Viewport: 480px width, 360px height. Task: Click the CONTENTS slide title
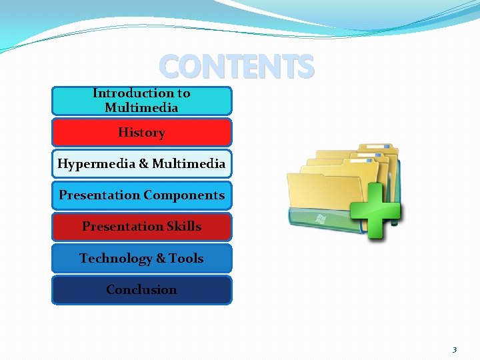[x=236, y=67]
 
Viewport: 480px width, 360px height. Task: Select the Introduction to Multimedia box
[x=141, y=101]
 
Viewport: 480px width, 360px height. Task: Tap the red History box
[x=141, y=133]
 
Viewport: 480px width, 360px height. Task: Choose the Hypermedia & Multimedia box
[x=141, y=164]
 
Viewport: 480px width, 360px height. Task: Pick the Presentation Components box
[x=141, y=195]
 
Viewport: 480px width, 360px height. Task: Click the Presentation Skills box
[x=141, y=227]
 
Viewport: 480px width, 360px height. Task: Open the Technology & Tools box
[x=141, y=258]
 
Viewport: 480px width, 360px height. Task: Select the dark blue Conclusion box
[x=141, y=290]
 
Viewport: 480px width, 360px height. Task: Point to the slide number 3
[x=455, y=349]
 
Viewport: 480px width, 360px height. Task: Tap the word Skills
[x=184, y=227]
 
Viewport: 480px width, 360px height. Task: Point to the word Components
[x=184, y=195]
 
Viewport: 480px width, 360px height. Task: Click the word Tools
[x=186, y=258]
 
